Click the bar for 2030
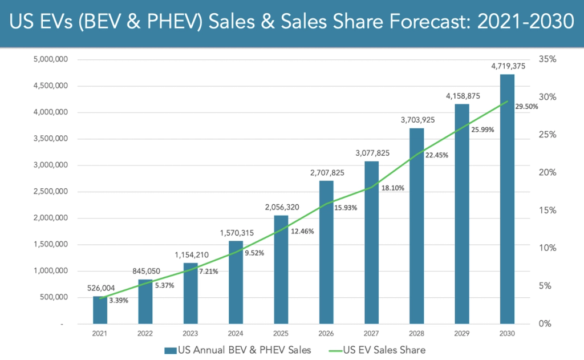pos(507,200)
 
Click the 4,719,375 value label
pos(507,66)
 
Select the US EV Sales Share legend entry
pos(377,349)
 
